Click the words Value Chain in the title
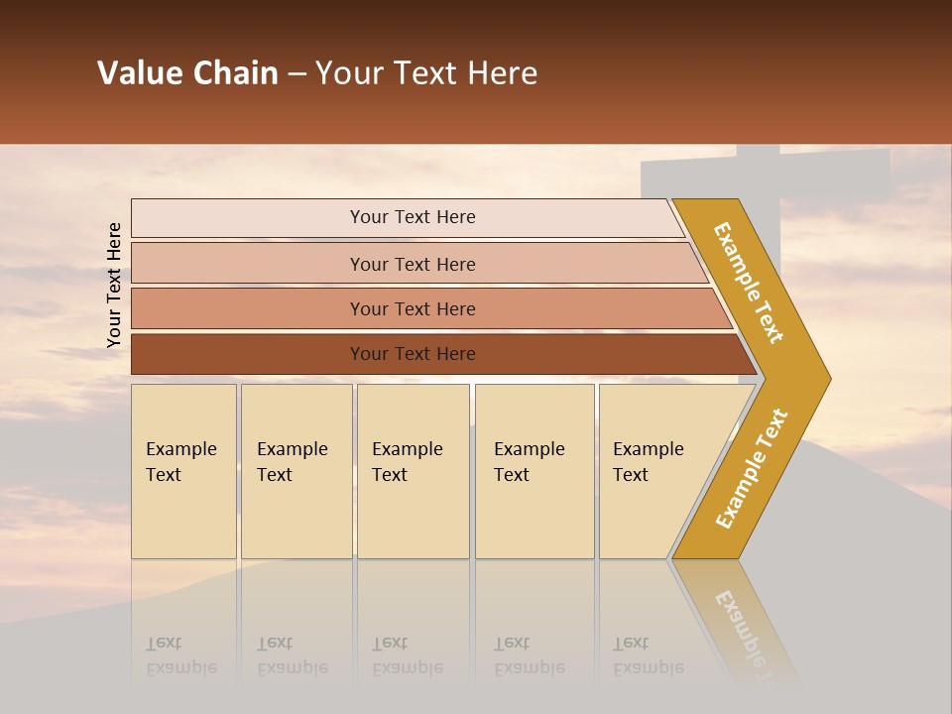click(187, 73)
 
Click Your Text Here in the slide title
click(426, 73)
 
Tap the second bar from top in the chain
click(413, 264)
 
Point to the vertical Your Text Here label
click(114, 286)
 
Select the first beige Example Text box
click(183, 471)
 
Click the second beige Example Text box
click(296, 471)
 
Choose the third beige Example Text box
click(413, 471)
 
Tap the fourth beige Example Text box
click(534, 471)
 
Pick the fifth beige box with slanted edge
click(654, 471)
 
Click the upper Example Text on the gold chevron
click(749, 283)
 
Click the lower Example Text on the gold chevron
click(752, 468)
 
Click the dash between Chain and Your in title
click(297, 74)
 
